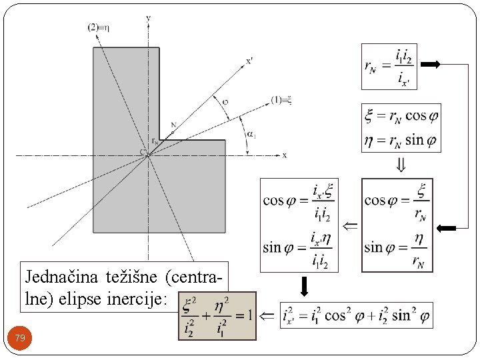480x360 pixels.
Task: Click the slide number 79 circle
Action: tap(20, 339)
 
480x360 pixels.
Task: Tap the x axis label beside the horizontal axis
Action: tap(285, 155)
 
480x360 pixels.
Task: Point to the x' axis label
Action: tap(249, 61)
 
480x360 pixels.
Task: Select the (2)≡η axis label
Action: tap(99, 27)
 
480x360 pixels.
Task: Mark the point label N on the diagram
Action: tap(174, 125)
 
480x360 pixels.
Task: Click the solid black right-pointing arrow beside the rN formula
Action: tap(431, 65)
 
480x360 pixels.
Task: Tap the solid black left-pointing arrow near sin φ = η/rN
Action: tap(445, 228)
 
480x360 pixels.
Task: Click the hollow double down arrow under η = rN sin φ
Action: tap(401, 165)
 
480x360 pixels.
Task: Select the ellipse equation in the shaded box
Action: tap(217, 315)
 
